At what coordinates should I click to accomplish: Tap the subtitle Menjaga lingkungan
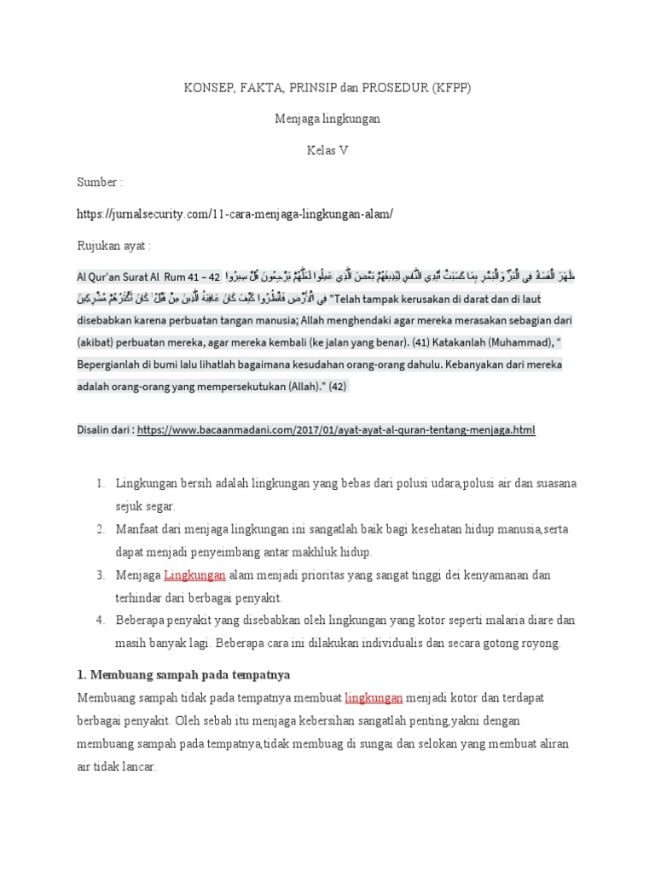point(327,119)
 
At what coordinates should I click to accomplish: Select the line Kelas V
point(327,150)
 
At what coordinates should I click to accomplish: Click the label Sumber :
point(100,183)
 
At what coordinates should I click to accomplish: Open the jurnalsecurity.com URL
point(235,214)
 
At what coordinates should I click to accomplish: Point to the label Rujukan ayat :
point(113,246)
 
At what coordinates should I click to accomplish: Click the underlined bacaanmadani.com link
point(335,431)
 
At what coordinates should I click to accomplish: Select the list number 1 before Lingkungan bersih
point(100,484)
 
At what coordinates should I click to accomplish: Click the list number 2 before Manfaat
point(100,529)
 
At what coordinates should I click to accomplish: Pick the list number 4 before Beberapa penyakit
point(100,621)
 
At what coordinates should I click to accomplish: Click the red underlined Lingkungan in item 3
point(194,575)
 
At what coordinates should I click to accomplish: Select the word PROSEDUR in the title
point(396,87)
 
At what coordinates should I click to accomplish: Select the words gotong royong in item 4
point(530,643)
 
